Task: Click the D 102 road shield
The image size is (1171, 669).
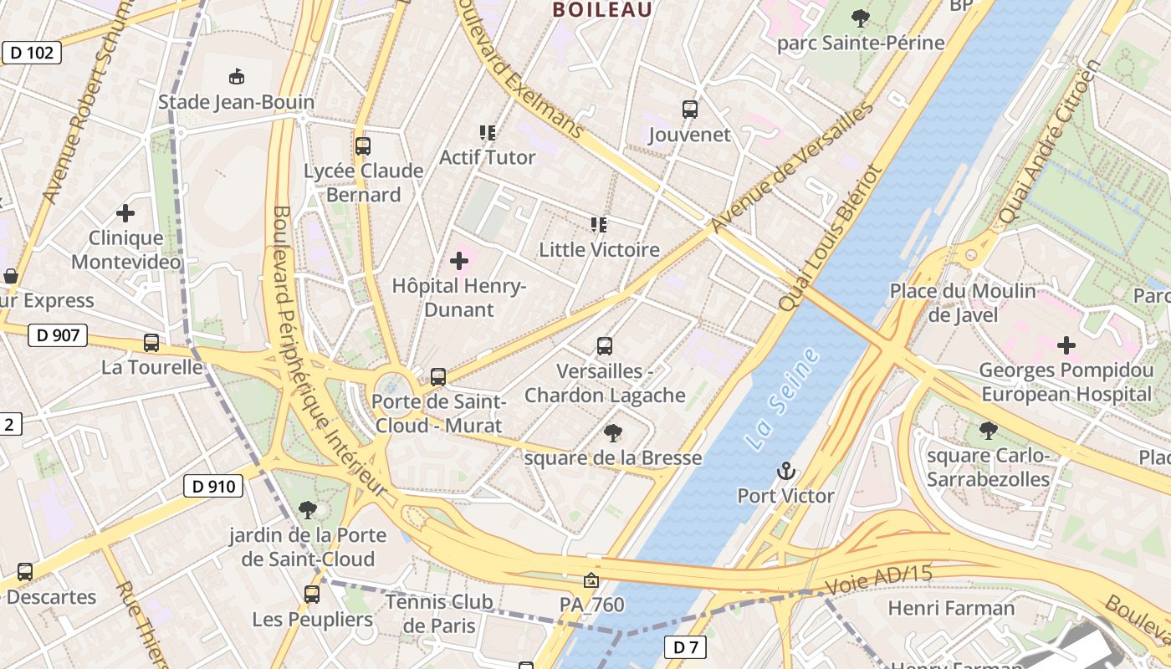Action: coord(33,54)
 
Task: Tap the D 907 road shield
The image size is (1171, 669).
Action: coord(58,336)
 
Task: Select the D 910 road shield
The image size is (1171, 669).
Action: coord(213,486)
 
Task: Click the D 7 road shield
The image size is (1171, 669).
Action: coord(685,646)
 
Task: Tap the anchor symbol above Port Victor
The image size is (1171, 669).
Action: coord(785,472)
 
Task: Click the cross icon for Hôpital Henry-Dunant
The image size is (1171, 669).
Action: coord(459,261)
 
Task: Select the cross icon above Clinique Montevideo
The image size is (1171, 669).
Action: coord(125,213)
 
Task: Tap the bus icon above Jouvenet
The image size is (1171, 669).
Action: coord(689,110)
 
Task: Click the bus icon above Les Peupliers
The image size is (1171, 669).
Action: coord(312,595)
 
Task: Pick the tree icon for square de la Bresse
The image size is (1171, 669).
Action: coord(613,433)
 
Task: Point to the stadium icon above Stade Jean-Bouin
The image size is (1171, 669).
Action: coord(237,77)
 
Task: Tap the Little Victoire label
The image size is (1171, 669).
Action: coord(599,249)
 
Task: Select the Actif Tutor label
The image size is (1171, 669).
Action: coord(488,157)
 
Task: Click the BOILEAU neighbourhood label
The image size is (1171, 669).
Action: coord(602,10)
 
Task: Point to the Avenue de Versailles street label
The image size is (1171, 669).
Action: coord(790,169)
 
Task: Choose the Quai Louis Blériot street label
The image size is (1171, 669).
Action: coord(830,239)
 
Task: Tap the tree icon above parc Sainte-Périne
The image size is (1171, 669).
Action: coord(860,18)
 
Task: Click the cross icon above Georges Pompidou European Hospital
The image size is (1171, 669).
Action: coord(1066,345)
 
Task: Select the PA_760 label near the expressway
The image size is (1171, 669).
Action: coord(591,604)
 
